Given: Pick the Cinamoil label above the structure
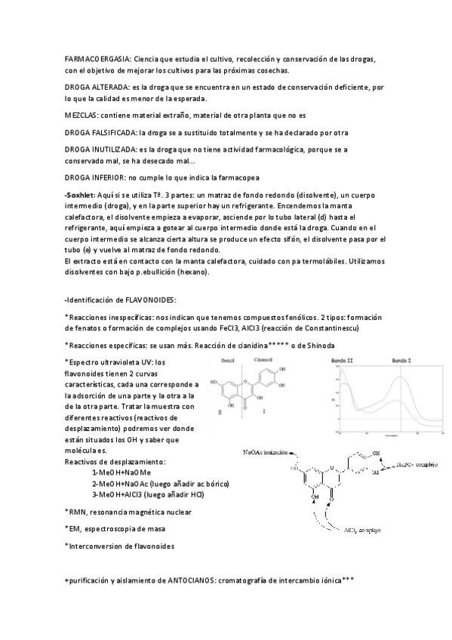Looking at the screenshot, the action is [264, 360].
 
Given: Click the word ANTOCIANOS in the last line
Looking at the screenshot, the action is [182, 581].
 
